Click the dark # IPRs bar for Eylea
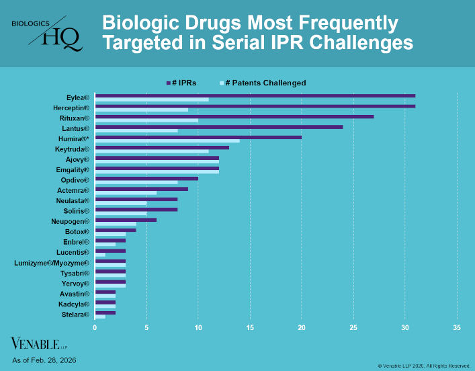(255, 95)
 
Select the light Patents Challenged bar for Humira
(167, 141)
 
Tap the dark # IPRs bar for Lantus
(219, 127)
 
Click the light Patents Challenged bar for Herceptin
(142, 110)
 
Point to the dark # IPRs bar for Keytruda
(162, 148)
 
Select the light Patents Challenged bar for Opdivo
(136, 182)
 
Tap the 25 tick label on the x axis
(353, 328)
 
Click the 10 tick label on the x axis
(198, 328)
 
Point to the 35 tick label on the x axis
(457, 328)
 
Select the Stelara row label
(75, 315)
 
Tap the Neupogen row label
(70, 221)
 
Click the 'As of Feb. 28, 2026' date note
(44, 360)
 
